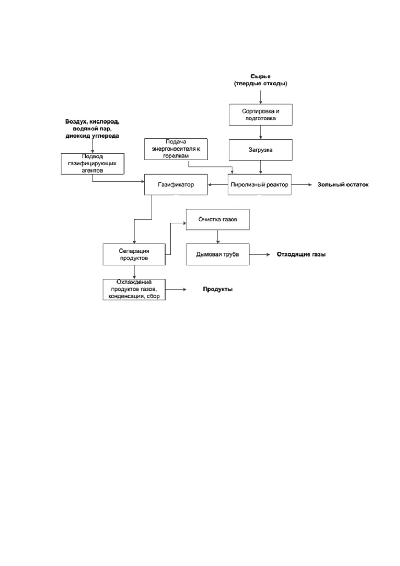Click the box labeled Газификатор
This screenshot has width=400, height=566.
coord(176,185)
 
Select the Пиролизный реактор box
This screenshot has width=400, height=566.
coord(259,185)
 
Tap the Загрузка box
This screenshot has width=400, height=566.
coord(261,150)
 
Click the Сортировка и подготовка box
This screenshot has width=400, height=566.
coord(261,115)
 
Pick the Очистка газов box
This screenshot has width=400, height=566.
coord(218,219)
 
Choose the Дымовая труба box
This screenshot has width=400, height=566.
coord(218,254)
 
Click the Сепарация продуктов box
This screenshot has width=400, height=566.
coord(134,254)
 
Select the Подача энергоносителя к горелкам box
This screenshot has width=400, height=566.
coord(176,149)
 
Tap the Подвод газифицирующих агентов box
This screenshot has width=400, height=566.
coord(93,164)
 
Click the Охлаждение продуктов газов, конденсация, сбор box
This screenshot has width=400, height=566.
coord(134,289)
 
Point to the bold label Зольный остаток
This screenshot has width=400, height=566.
coord(343,185)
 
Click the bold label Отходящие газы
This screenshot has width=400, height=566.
coord(301,254)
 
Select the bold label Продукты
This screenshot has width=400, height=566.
coord(218,289)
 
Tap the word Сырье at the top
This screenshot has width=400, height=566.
coord(261,76)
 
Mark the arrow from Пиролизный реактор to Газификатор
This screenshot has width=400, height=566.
coord(218,185)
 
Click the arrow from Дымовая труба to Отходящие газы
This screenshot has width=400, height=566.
coord(260,254)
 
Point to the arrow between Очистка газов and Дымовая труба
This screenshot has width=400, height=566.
coord(218,237)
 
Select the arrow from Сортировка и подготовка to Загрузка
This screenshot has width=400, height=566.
coord(261,132)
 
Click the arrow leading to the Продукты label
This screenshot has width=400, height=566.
coord(176,289)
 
